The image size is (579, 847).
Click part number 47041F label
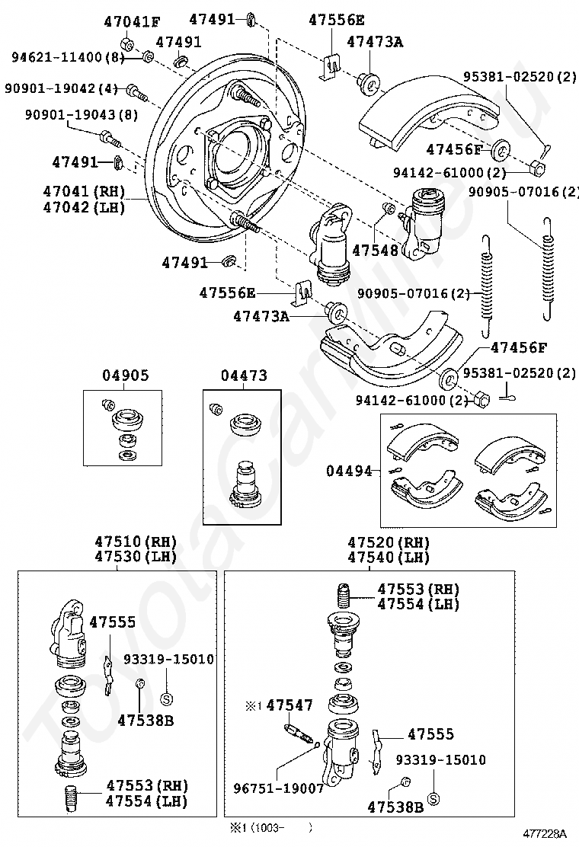[132, 22]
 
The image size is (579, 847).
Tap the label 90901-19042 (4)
[61, 88]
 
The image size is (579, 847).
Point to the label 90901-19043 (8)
[81, 114]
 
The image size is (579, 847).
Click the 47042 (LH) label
[84, 207]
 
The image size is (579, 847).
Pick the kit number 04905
[125, 375]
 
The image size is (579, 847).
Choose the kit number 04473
[244, 375]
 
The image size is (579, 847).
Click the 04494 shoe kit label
[349, 471]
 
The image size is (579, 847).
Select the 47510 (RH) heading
[136, 542]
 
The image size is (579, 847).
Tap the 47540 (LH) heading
[389, 557]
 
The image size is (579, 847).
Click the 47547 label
[289, 705]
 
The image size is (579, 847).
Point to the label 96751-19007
[279, 788]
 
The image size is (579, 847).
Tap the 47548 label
[375, 250]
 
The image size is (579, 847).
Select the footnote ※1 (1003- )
[268, 827]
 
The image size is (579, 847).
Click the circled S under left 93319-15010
[167, 699]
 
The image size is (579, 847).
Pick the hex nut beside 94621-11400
[125, 43]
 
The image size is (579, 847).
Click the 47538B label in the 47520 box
[395, 807]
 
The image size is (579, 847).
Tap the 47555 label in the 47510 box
[112, 622]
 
